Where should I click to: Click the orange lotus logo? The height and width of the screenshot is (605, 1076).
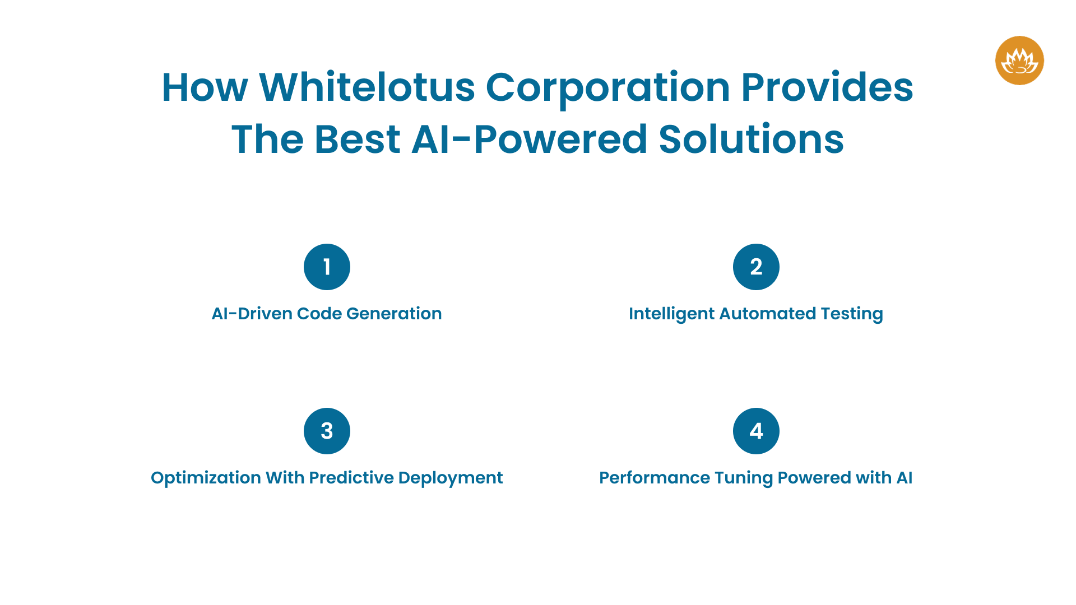pos(1019,61)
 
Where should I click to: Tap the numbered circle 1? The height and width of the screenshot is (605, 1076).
pos(327,267)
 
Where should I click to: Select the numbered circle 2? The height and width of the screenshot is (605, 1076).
pos(756,267)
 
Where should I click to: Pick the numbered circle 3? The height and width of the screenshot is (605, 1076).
pos(327,431)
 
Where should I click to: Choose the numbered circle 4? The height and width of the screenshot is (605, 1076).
pos(756,431)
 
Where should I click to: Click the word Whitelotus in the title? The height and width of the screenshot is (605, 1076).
pos(367,87)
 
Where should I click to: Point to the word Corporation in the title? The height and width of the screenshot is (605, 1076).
pos(607,87)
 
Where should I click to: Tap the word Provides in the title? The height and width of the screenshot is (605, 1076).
pos(827,87)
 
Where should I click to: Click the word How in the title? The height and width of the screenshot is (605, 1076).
pos(205,87)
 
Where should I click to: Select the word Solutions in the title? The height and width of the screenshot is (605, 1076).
pos(751,139)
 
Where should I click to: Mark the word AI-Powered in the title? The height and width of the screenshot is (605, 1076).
pos(530,139)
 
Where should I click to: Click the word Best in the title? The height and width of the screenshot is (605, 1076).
pos(358,139)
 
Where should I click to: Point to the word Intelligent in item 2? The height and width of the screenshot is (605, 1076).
pos(671,314)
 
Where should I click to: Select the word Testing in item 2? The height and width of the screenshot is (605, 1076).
pos(852,314)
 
